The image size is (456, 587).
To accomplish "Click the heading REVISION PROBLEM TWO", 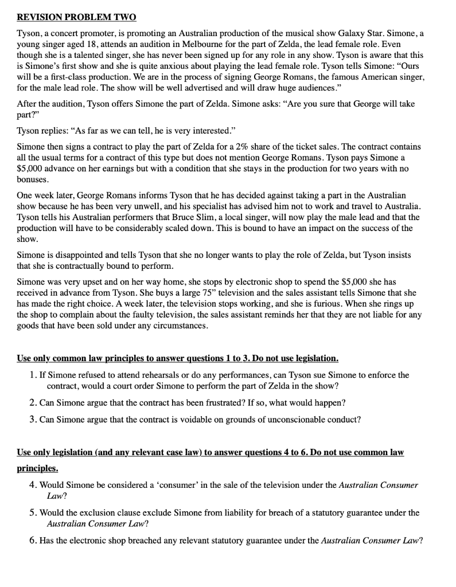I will [x=72, y=17].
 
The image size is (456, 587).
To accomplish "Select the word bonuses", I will [x=34, y=179].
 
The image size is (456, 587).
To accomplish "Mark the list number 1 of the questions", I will [x=32, y=375].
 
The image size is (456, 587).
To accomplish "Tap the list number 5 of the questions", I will [x=32, y=512].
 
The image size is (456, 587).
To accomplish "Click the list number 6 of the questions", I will [x=32, y=541].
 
